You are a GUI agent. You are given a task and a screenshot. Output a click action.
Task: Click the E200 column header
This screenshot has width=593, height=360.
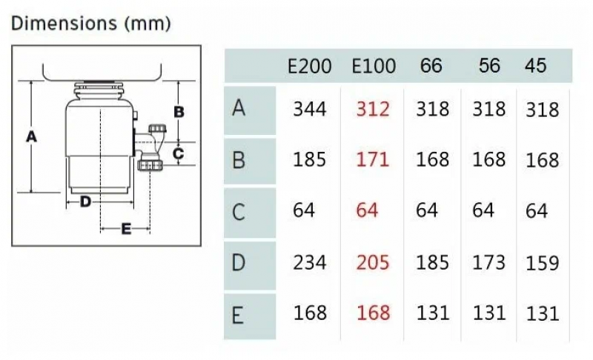(x=310, y=65)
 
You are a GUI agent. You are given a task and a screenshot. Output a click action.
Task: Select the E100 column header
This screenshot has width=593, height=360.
(x=374, y=65)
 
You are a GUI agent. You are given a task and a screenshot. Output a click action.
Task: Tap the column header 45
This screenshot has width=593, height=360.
(x=535, y=65)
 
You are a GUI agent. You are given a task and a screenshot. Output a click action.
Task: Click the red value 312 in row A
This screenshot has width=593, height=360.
(x=372, y=110)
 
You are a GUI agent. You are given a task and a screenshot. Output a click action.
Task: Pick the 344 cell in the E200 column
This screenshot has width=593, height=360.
(x=309, y=110)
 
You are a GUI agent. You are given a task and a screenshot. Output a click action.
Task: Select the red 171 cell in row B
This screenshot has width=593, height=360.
(x=372, y=159)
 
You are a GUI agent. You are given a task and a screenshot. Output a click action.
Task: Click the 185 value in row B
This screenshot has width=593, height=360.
(x=309, y=159)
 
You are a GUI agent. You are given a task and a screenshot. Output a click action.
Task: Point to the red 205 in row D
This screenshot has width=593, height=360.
(x=372, y=262)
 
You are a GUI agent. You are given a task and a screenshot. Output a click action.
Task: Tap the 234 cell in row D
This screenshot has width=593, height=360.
(x=309, y=262)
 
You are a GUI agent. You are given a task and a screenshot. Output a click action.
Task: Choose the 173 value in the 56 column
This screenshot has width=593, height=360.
(x=488, y=262)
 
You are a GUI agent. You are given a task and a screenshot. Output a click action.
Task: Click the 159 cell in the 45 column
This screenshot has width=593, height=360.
(x=542, y=263)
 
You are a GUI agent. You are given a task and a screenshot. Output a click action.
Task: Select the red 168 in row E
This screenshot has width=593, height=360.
(x=373, y=313)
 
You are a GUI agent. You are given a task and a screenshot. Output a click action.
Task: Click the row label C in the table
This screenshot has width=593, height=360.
(x=238, y=212)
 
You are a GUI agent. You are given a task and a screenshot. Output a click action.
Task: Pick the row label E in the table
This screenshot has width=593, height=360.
(x=238, y=316)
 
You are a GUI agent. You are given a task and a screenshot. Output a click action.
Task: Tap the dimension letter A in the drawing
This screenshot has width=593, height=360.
(x=30, y=136)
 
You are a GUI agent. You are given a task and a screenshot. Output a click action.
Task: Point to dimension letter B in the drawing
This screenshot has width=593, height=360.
(x=179, y=112)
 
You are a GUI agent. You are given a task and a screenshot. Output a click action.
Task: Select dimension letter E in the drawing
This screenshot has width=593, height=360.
(x=126, y=230)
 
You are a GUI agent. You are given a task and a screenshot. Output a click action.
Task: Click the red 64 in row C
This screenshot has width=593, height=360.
(x=366, y=210)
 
